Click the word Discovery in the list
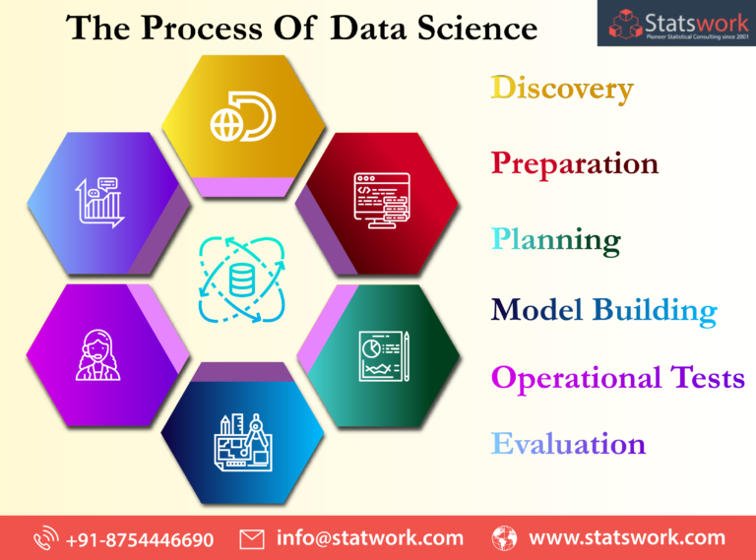[x=562, y=89]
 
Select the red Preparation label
[x=575, y=162]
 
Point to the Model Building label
[x=603, y=310]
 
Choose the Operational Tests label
[x=617, y=378]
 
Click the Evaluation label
[x=568, y=443]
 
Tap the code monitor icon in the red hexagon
[x=381, y=200]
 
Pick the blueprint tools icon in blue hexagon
[x=243, y=437]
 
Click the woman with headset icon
[x=97, y=355]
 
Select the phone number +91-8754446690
[x=140, y=538]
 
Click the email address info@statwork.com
[x=369, y=538]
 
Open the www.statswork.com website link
[x=626, y=538]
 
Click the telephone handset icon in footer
[x=46, y=539]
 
